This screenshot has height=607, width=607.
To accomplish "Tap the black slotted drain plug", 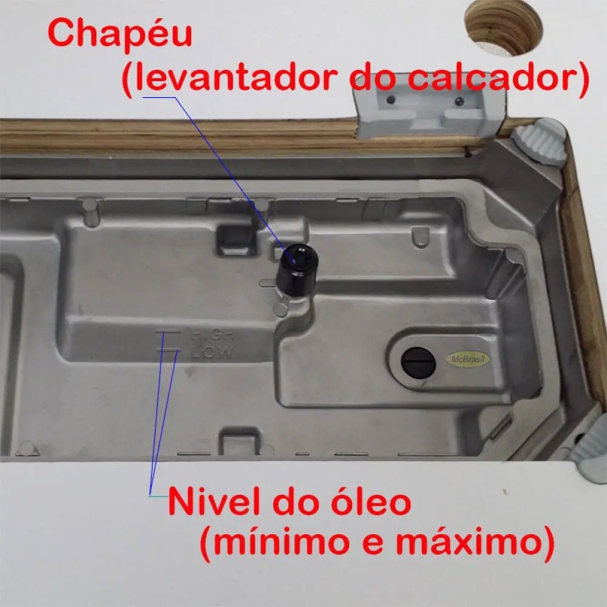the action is (418, 363).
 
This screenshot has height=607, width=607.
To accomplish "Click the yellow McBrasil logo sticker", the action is (468, 359).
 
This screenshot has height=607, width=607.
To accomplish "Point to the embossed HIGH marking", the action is (212, 334).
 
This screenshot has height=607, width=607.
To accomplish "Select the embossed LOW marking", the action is (212, 351).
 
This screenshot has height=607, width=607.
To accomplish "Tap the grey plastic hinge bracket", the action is (429, 106).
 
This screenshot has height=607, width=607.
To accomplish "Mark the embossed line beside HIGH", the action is (168, 332).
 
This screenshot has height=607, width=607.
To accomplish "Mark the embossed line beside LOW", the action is (168, 351).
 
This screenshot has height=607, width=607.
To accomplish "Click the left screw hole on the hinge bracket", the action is (391, 100).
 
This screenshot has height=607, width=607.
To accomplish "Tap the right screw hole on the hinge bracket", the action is (459, 101).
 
